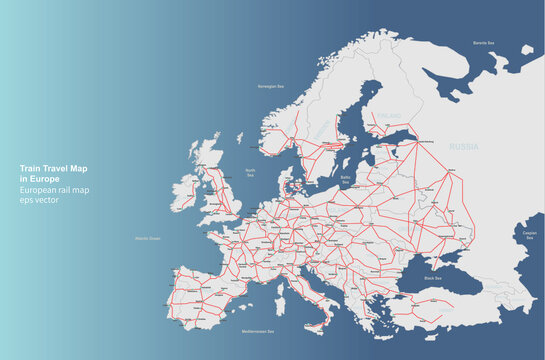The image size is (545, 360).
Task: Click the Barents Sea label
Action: [x=485, y=44]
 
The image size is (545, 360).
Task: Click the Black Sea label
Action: [x=433, y=277]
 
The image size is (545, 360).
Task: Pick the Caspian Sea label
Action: [x=530, y=236]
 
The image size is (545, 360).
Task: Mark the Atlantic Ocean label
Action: [x=148, y=238]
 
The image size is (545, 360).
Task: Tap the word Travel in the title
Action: [x=54, y=167]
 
